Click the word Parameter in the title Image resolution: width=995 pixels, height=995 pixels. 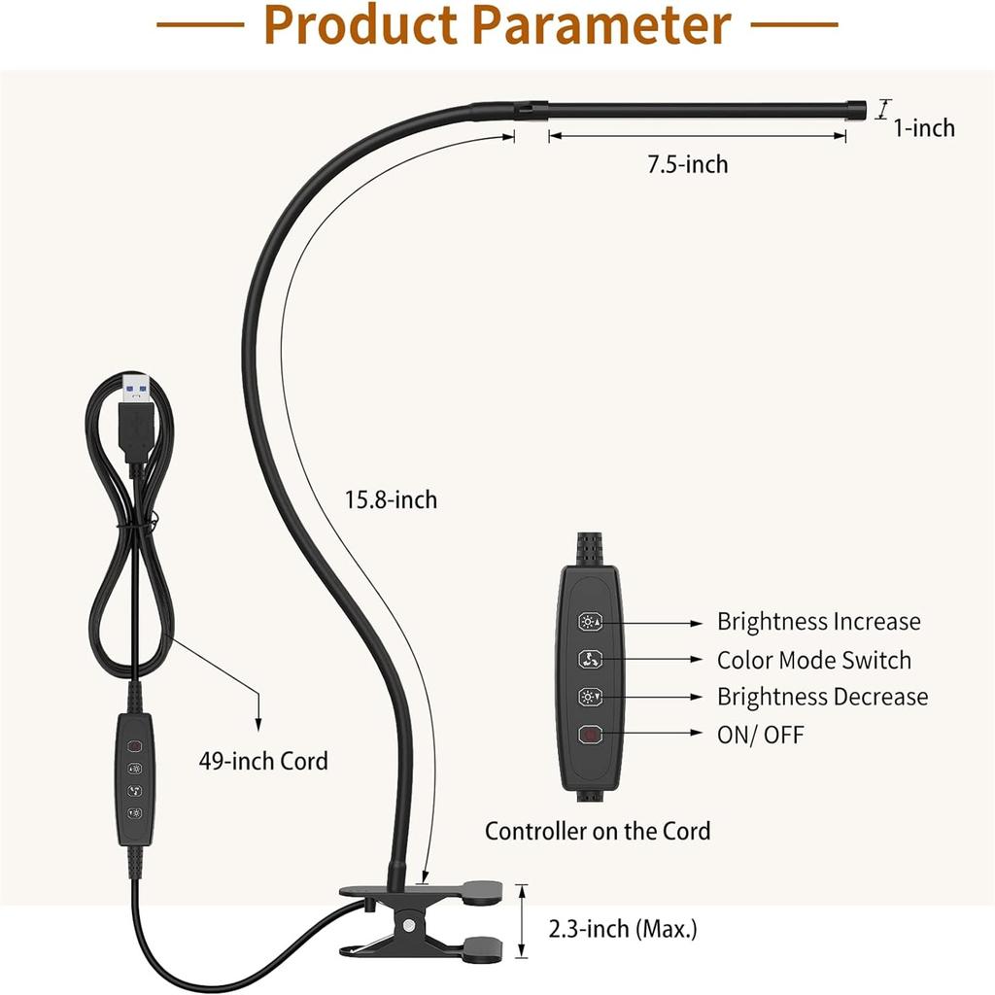point(600,25)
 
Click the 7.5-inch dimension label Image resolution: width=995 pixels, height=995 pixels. point(687,164)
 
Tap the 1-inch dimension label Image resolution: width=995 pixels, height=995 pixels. point(924,128)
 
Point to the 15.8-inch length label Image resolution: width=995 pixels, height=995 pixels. point(391,500)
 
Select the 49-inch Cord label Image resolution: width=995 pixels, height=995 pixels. point(263,761)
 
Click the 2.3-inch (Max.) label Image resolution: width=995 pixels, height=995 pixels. point(623,929)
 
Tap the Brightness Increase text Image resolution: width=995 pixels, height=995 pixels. point(818,621)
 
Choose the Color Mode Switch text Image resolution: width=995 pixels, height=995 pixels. point(814,660)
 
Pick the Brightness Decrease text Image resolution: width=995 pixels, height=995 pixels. point(822,697)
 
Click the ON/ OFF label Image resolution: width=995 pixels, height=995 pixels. point(760,735)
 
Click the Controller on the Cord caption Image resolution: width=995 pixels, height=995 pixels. point(598,832)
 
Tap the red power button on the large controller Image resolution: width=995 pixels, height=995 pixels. point(590,735)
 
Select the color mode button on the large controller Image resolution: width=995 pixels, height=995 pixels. point(590,660)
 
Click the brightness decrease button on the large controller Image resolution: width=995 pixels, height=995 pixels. point(590,697)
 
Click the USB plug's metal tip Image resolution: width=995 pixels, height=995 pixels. point(136,388)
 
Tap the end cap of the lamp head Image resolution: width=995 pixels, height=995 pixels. point(857,108)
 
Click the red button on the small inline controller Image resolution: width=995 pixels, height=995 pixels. point(134,745)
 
